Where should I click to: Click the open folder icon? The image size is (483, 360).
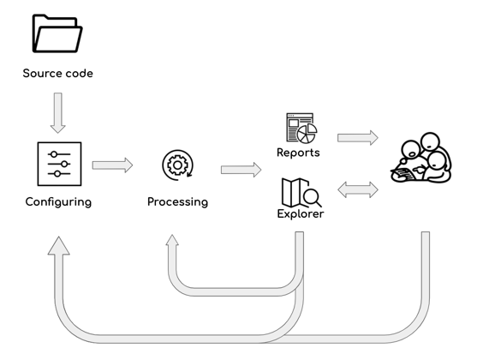tap(57, 33)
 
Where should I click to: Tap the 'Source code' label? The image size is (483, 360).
tap(58, 74)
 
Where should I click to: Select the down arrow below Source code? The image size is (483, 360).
tap(58, 113)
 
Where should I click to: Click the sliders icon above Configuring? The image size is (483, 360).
tap(59, 164)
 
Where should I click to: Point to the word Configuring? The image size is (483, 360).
tap(58, 202)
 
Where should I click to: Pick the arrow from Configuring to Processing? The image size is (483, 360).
tap(112, 165)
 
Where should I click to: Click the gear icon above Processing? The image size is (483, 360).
tap(178, 165)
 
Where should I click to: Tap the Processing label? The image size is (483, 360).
tap(178, 202)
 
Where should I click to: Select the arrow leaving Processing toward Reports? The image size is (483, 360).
tap(241, 170)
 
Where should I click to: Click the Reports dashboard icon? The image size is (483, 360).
tap(301, 129)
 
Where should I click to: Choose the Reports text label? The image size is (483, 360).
tap(298, 153)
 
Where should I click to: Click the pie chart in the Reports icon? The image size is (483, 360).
tap(307, 134)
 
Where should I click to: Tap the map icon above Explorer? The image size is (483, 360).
tap(295, 192)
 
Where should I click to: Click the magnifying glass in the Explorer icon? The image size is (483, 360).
tap(312, 197)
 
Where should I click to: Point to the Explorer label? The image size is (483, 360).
tap(301, 214)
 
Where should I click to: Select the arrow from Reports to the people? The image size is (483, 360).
tap(358, 138)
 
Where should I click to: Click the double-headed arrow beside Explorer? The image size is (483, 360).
tap(358, 190)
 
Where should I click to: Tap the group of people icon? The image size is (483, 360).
tap(421, 158)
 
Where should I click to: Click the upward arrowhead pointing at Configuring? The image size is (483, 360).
tap(59, 246)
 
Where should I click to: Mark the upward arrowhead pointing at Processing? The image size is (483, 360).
tap(172, 240)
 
